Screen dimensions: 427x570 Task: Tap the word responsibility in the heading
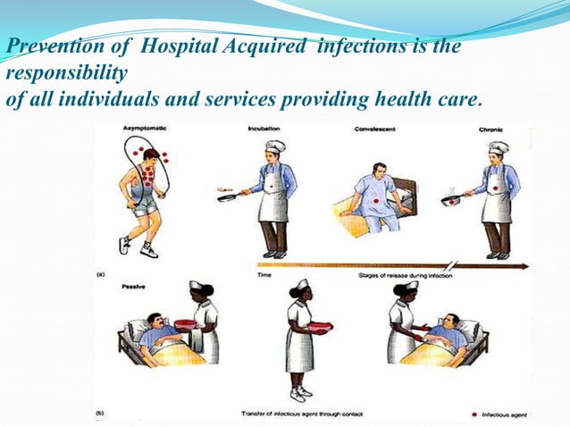pyautogui.click(x=67, y=71)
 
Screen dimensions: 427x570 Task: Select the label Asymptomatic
pyautogui.click(x=147, y=130)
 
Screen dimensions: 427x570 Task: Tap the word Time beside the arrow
pyautogui.click(x=265, y=275)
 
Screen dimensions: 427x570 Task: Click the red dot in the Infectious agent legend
pyautogui.click(x=473, y=414)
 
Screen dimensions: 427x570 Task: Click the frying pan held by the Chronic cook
pyautogui.click(x=451, y=201)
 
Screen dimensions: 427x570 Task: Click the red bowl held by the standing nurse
pyautogui.click(x=318, y=328)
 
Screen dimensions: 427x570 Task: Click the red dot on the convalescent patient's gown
pyautogui.click(x=376, y=202)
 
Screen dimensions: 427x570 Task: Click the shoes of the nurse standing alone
pyautogui.click(x=298, y=394)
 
